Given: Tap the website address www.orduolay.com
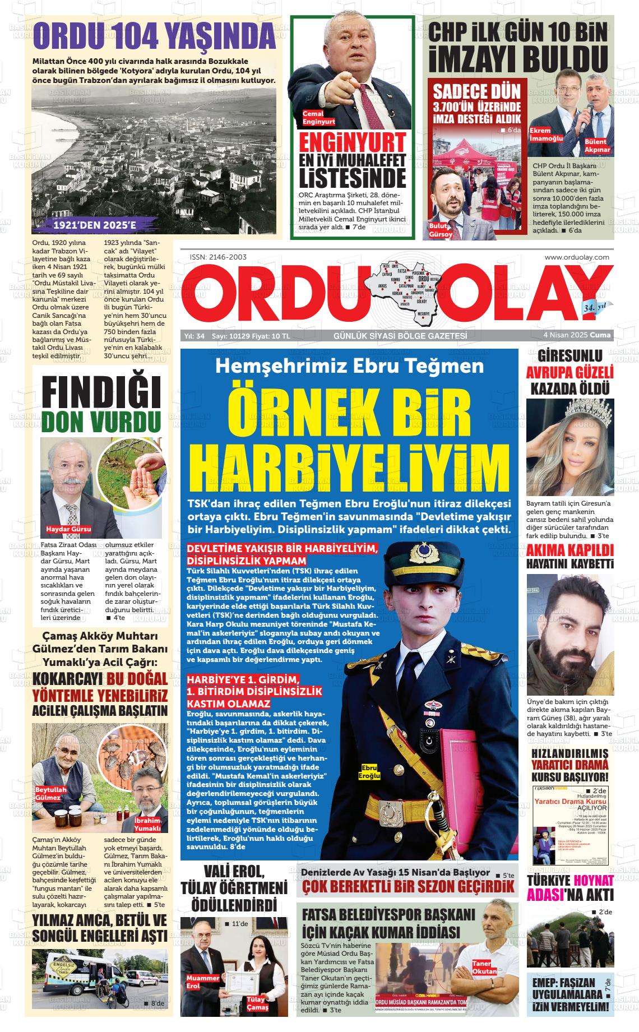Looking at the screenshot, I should coord(577,257).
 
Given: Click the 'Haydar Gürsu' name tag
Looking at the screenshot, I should coord(68,529).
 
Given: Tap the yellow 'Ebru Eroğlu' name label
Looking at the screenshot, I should coord(371,771).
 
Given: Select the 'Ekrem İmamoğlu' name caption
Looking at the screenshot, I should coord(546,135).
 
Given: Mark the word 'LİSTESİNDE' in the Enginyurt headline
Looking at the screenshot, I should coord(352,177).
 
